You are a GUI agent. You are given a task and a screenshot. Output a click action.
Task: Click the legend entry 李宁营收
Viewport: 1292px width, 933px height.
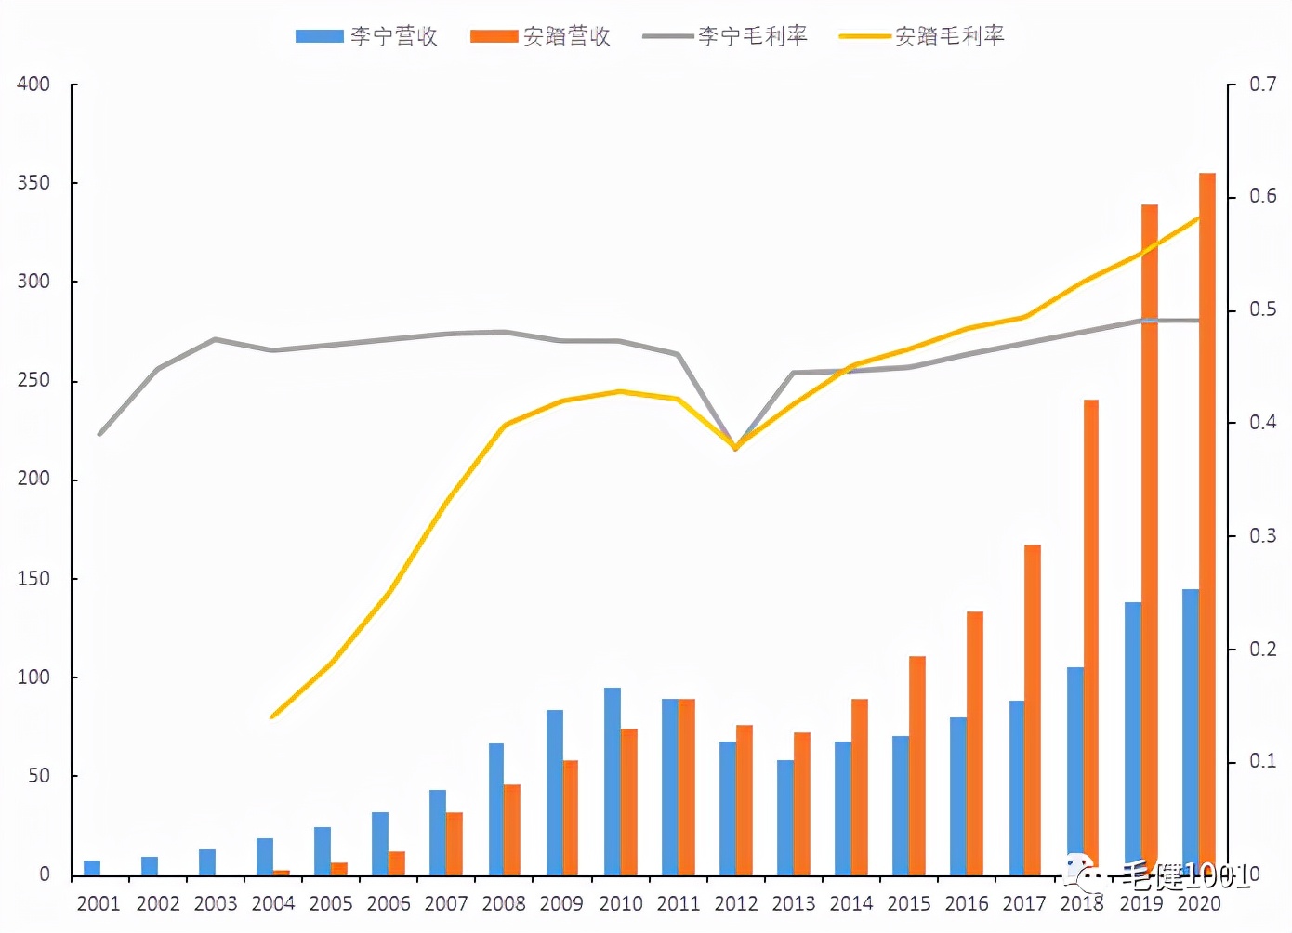(367, 36)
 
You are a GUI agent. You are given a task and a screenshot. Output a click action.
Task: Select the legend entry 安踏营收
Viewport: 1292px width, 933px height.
(541, 36)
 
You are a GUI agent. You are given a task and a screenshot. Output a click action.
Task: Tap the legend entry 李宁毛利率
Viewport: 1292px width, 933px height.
(725, 36)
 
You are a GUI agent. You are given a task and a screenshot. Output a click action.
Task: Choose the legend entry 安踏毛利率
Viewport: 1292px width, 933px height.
(922, 36)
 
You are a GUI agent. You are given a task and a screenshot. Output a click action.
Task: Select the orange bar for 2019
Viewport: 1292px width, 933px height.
(1150, 539)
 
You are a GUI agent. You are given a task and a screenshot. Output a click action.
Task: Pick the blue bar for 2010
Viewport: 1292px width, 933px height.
(613, 782)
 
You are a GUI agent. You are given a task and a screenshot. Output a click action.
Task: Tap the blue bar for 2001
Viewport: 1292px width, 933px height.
(92, 868)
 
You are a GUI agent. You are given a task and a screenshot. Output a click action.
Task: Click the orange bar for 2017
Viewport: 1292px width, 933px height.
(1033, 710)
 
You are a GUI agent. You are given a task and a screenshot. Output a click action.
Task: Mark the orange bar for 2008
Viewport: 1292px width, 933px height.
(512, 830)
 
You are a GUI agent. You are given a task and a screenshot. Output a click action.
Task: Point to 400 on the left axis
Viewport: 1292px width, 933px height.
(33, 85)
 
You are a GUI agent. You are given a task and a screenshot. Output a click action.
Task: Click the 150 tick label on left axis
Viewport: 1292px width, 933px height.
(33, 578)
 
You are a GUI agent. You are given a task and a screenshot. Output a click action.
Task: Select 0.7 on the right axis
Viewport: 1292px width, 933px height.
(1262, 85)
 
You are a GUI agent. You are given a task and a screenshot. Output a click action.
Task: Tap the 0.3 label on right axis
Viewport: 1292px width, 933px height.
(1262, 536)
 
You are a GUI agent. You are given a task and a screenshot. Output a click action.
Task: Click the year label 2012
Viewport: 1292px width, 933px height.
(736, 903)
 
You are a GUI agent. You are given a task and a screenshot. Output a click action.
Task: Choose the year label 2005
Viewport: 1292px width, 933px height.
(331, 903)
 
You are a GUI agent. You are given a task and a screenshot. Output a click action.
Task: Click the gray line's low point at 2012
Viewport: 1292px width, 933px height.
(735, 447)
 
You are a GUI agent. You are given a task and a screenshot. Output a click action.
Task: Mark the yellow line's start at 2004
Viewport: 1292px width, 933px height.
(271, 716)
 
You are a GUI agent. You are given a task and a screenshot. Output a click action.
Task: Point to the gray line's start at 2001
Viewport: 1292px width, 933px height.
(99, 434)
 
